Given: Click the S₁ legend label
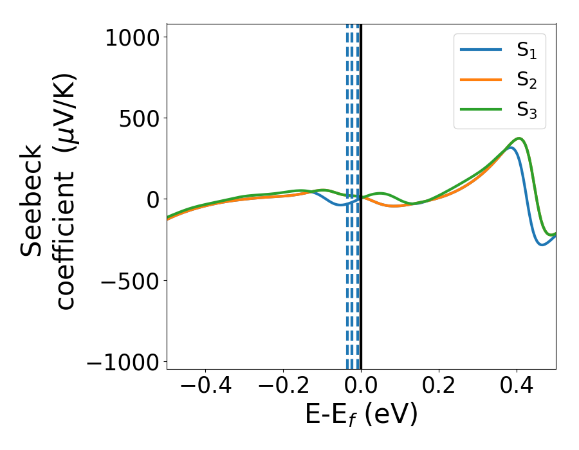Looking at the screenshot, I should point(527,51).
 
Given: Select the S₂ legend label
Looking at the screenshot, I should point(527,80).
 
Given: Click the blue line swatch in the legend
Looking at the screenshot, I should point(481,50).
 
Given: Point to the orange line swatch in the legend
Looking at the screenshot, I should point(481,80).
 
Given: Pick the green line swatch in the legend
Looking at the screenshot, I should point(481,109).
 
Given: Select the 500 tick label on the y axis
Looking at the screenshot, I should point(134,118).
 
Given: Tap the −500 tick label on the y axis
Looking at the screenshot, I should point(125,281).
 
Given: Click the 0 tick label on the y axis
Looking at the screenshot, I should point(152,200).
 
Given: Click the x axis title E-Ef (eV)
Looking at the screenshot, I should point(361,415).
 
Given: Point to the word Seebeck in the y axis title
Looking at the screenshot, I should point(32,201).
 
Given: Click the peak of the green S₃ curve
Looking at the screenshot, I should point(519,138).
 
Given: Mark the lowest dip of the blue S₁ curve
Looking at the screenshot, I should point(542,244).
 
